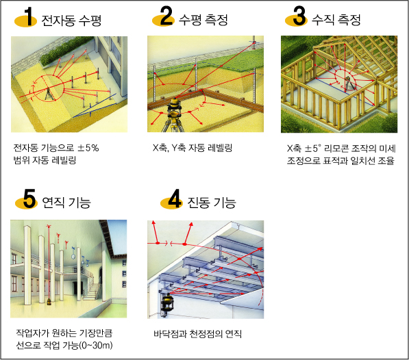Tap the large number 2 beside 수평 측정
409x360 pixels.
[x=166, y=16]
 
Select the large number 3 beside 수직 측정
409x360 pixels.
[x=299, y=16]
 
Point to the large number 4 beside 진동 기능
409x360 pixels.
[x=174, y=198]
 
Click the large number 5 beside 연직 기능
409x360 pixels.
[x=29, y=198]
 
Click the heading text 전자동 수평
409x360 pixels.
[x=71, y=20]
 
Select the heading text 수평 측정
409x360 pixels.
[x=203, y=20]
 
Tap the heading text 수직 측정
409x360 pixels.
[x=336, y=20]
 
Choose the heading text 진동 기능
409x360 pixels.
[x=212, y=202]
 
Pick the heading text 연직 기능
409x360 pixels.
[x=66, y=202]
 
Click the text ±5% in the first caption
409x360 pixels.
[x=88, y=148]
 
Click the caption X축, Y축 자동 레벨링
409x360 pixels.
[x=193, y=148]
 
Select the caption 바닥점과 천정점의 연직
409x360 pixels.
[x=198, y=334]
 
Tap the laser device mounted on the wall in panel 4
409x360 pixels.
[x=167, y=305]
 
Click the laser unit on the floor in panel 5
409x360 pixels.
[x=49, y=302]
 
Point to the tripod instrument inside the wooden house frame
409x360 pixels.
[x=348, y=84]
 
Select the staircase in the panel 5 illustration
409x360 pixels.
[x=92, y=289]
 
